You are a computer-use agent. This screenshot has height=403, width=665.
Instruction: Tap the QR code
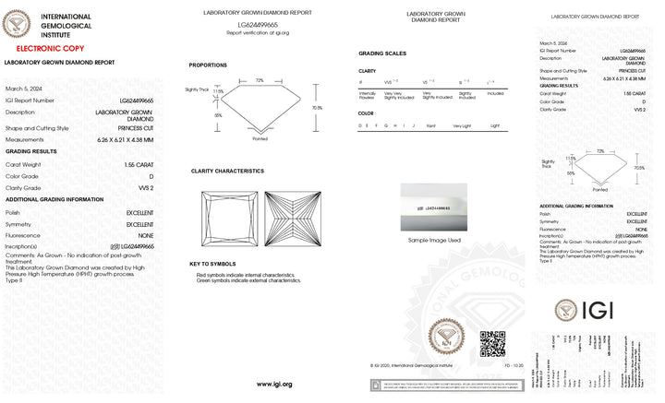click(492, 344)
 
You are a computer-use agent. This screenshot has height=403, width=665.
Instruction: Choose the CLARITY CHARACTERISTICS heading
click(226, 172)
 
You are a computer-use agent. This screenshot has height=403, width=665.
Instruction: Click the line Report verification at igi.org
click(258, 32)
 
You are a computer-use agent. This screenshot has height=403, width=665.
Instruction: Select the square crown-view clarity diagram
click(229, 219)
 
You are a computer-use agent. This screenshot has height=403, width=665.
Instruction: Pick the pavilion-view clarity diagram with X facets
click(290, 219)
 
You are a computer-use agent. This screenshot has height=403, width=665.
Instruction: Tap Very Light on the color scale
click(461, 124)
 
